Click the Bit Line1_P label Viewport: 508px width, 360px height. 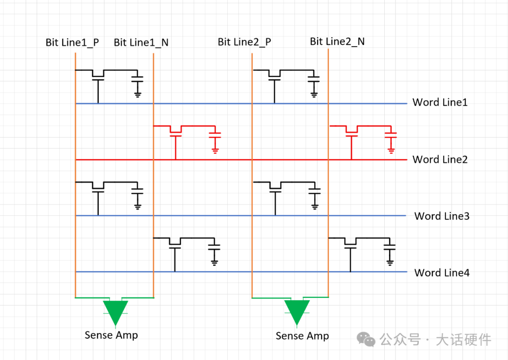tap(72, 42)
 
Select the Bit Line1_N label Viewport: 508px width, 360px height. tap(141, 43)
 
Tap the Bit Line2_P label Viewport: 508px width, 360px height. tap(244, 42)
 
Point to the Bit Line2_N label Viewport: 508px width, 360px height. tap(337, 41)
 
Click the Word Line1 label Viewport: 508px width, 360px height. tap(440, 102)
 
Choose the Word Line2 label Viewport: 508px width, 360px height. tap(440, 159)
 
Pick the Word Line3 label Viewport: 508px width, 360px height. tap(442, 216)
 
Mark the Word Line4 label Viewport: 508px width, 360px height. tap(442, 273)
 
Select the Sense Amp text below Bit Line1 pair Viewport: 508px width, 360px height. tap(111, 335)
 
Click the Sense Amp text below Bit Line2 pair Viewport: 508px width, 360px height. tap(302, 336)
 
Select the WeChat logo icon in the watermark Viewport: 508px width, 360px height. tap(365, 339)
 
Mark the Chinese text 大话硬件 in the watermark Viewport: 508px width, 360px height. tap(463, 339)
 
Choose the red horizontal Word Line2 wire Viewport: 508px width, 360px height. tap(282, 160)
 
